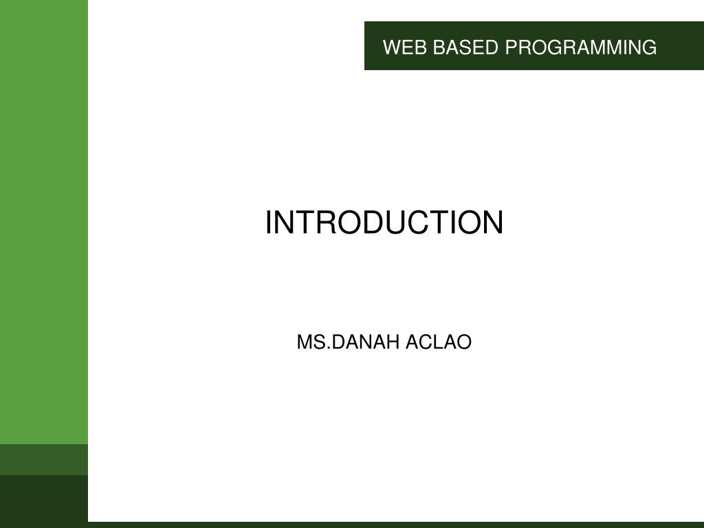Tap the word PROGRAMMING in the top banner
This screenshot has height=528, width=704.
[581, 47]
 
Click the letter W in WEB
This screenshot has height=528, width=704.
[390, 47]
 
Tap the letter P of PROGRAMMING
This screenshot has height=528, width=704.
[511, 47]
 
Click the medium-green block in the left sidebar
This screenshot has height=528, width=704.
[44, 459]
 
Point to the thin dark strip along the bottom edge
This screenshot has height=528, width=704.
[395, 525]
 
